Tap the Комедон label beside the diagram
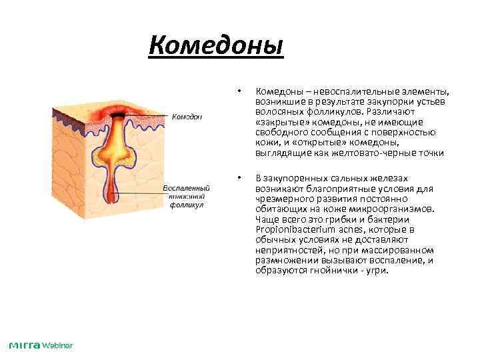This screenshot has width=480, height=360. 187,116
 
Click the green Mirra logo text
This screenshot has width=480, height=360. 25,345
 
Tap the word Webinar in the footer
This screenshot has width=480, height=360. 57,345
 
